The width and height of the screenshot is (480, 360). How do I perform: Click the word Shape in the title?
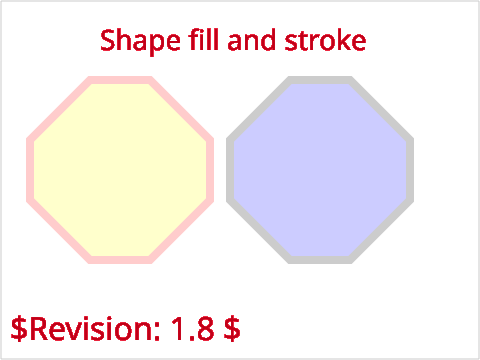(x=140, y=41)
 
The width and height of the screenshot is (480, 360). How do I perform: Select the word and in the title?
(x=251, y=39)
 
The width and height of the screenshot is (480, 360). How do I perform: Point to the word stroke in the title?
(x=325, y=40)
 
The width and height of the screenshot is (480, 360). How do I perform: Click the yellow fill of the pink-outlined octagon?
(x=120, y=170)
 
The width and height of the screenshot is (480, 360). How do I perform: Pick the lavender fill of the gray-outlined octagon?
(x=320, y=170)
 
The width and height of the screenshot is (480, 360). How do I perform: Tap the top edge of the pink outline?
(x=120, y=80)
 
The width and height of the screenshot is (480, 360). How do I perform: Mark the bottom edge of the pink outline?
(x=120, y=260)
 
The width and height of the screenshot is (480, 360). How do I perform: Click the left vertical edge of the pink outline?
(x=30, y=170)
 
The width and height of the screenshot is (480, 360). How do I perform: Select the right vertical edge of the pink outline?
(x=210, y=170)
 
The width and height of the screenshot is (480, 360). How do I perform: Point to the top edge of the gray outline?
(x=320, y=80)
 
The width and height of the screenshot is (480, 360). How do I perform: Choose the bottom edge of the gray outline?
(x=320, y=260)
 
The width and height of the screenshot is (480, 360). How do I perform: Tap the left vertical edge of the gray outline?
(x=230, y=170)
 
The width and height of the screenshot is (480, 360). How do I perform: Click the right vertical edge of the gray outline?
(x=410, y=170)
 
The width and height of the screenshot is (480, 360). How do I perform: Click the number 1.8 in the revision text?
(x=192, y=329)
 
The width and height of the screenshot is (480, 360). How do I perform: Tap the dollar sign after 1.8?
(x=232, y=329)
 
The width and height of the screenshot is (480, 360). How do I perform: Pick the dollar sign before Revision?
(x=19, y=329)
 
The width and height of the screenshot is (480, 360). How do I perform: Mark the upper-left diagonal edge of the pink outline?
(x=59, y=109)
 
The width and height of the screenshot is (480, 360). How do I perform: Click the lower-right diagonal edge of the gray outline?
(x=381, y=231)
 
